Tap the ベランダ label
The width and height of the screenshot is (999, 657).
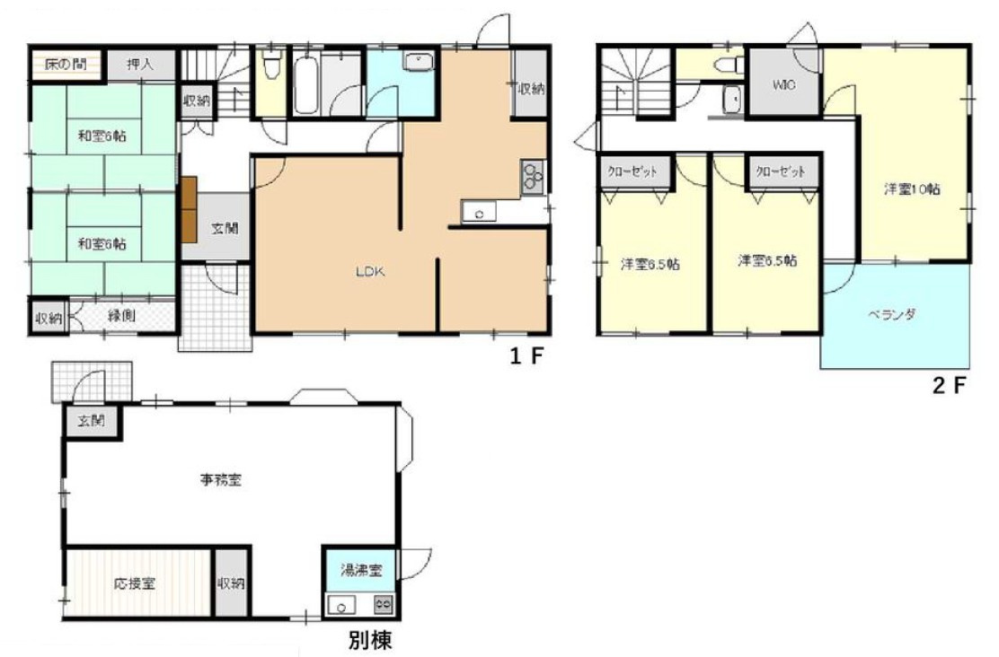pyautogui.click(x=891, y=315)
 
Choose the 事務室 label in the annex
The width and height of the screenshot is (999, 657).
pyautogui.click(x=221, y=479)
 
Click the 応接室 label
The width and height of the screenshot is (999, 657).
pyautogui.click(x=135, y=583)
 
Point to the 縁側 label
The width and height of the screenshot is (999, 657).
pyautogui.click(x=122, y=316)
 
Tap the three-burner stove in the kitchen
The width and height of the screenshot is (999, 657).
pyautogui.click(x=532, y=176)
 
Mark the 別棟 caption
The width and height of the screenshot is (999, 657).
pyautogui.click(x=369, y=641)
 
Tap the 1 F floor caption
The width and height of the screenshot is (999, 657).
pyautogui.click(x=526, y=357)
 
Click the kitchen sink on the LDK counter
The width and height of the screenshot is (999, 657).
pyautogui.click(x=481, y=214)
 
